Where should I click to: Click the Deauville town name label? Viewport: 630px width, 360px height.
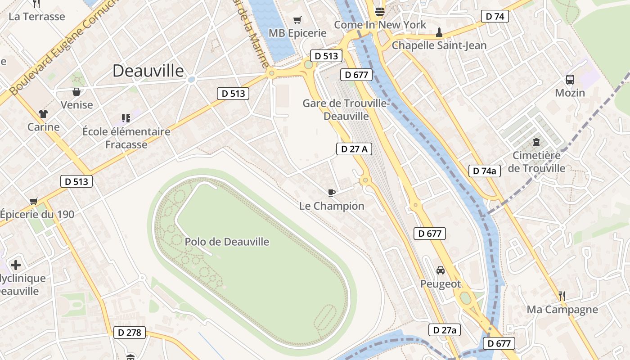[148, 71]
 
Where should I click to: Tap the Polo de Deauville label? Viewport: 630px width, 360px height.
[227, 242]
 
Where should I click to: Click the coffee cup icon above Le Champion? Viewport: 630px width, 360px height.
[332, 193]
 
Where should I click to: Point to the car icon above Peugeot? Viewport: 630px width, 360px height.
[441, 270]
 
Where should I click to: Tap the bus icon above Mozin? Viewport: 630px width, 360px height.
[570, 80]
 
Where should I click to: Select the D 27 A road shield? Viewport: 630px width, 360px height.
[354, 149]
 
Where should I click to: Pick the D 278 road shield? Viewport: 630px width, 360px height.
[130, 333]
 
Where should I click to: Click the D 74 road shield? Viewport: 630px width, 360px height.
[495, 17]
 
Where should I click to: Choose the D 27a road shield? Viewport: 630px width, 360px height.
[445, 330]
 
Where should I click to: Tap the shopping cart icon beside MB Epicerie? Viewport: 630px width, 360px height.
[297, 20]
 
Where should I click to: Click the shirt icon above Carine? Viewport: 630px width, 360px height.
[43, 113]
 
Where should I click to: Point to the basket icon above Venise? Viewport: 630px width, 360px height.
[76, 92]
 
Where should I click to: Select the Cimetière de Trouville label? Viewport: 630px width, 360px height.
[537, 162]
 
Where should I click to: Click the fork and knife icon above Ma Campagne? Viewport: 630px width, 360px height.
[562, 296]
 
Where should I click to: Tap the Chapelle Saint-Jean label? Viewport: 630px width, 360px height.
[439, 45]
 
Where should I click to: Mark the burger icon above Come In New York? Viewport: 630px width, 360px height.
[380, 12]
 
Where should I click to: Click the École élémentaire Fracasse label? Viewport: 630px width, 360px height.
[126, 138]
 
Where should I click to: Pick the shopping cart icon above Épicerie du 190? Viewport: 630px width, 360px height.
[33, 201]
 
